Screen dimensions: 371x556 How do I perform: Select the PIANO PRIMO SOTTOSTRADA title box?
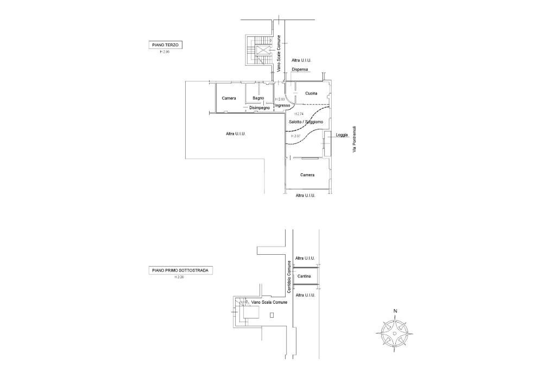pos(181,270)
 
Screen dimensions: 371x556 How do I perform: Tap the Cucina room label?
pos(311,93)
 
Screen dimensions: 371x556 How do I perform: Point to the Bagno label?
pos(258,98)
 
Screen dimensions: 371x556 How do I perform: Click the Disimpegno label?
pos(260,108)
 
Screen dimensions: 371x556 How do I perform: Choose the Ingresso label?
pos(282,105)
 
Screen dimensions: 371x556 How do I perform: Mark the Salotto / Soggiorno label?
pos(306,122)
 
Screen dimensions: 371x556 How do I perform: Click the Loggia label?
pos(342,135)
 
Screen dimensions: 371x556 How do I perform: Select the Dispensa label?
pos(300,70)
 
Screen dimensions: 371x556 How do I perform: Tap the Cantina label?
pos(304,276)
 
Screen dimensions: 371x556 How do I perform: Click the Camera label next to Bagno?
pos(229,98)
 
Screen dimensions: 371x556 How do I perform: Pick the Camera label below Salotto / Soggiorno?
pos(307,175)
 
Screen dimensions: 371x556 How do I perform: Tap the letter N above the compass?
pos(395,311)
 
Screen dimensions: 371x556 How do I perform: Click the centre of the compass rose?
pos(395,332)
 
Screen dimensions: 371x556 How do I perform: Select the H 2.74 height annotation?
pos(299,114)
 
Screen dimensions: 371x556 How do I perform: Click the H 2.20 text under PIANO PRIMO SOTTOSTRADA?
pos(179,277)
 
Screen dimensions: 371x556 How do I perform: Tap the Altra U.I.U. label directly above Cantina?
pos(305,258)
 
